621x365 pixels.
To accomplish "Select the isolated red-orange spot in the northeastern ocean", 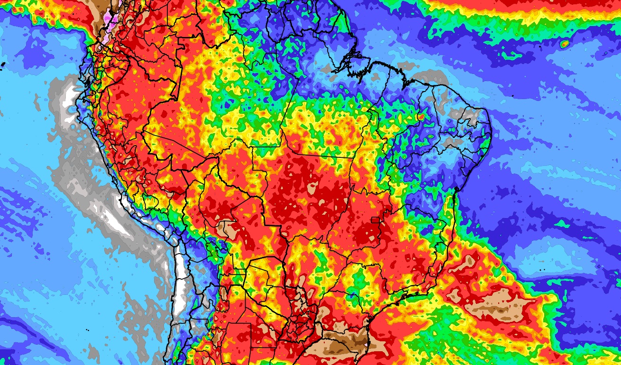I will pos(564,44).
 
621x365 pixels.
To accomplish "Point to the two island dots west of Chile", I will pos(89,330).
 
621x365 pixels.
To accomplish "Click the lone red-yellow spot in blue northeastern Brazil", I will pos(420,117).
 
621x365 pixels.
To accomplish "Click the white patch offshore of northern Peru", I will pos(71,102).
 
